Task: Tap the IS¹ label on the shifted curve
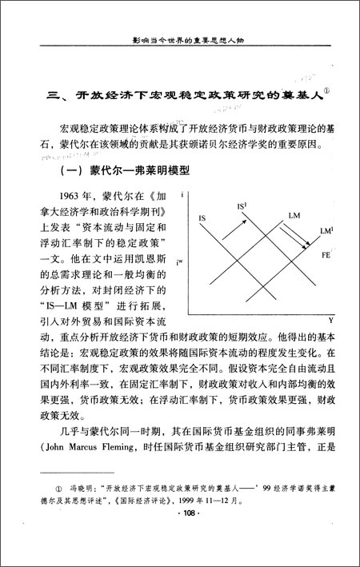242,206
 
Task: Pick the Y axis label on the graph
330,320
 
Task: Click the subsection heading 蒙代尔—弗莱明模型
140,173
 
